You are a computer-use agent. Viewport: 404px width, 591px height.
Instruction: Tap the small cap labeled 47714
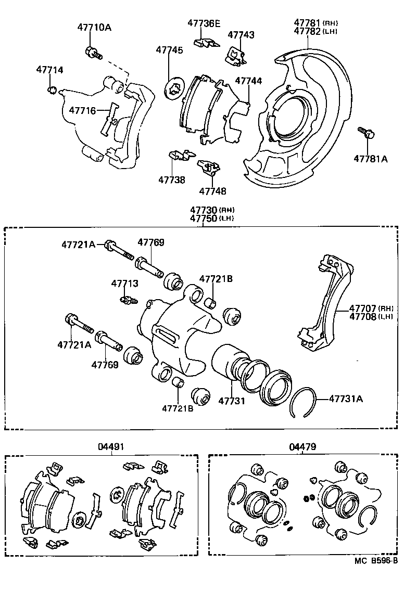tap(51, 91)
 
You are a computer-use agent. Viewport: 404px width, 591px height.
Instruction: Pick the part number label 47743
tap(241, 35)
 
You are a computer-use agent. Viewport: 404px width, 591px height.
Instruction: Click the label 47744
tap(248, 81)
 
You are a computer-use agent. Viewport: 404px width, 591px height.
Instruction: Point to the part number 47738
tap(172, 179)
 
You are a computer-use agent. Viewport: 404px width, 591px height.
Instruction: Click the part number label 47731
tap(231, 401)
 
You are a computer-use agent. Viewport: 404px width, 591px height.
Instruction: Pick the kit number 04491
tap(111, 446)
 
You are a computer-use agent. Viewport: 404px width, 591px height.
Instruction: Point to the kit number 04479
tap(302, 446)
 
